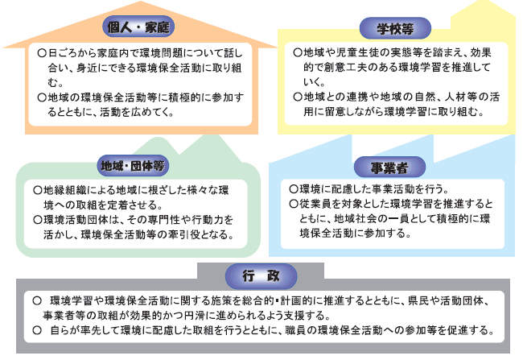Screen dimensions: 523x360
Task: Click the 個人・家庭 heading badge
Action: pyautogui.click(x=138, y=27)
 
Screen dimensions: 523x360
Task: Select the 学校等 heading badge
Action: pyautogui.click(x=395, y=28)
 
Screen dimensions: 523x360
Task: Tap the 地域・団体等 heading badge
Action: pyautogui.click(x=133, y=166)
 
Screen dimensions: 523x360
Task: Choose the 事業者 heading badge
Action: pyautogui.click(x=389, y=168)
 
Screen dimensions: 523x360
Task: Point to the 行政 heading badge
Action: pyautogui.click(x=261, y=276)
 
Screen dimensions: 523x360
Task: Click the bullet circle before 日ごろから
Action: pyautogui.click(x=42, y=53)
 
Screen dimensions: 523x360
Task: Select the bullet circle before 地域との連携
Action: pyautogui.click(x=298, y=97)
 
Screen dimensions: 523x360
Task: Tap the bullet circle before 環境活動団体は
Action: pyautogui.click(x=37, y=220)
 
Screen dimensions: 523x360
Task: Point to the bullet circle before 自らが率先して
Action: pyautogui.click(x=37, y=330)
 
